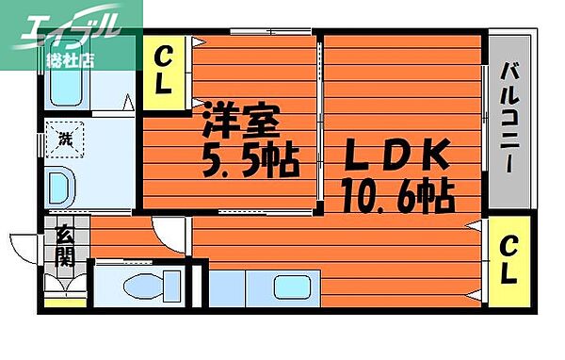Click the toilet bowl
coord(151,285)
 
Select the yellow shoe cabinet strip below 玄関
coord(64,303)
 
